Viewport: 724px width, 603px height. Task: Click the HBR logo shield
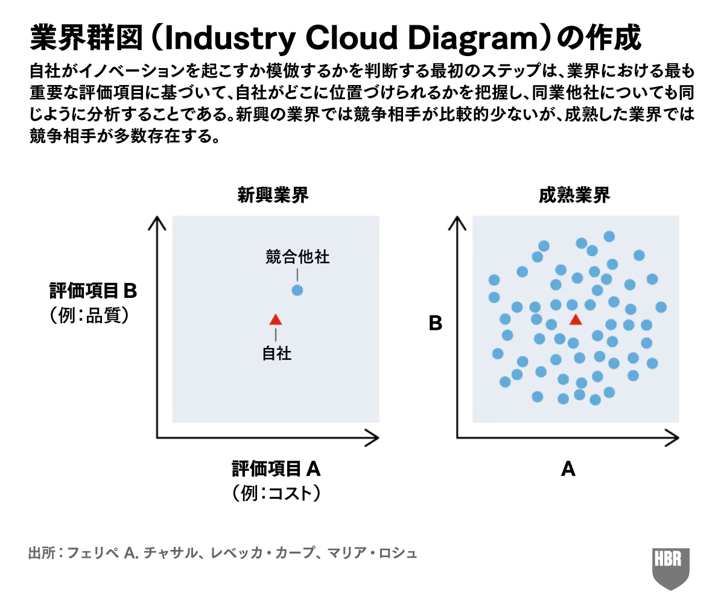pyautogui.click(x=671, y=567)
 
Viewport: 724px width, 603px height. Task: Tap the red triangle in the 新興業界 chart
pyautogui.click(x=276, y=320)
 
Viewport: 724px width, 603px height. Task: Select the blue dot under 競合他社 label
pyautogui.click(x=297, y=290)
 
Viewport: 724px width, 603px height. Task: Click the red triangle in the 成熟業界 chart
pyautogui.click(x=576, y=320)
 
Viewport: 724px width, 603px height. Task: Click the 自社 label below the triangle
pyautogui.click(x=276, y=353)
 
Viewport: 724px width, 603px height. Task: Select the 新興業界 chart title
pyautogui.click(x=273, y=195)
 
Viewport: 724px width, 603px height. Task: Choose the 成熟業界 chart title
pyautogui.click(x=574, y=195)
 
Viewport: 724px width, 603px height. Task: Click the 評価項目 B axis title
pyautogui.click(x=94, y=292)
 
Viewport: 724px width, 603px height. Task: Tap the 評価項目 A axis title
pyautogui.click(x=276, y=469)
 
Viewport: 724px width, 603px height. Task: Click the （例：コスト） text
pyautogui.click(x=276, y=493)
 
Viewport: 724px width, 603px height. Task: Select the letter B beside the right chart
pyautogui.click(x=436, y=324)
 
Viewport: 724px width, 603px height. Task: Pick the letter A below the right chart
pyautogui.click(x=568, y=469)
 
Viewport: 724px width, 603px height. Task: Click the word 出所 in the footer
pyautogui.click(x=40, y=552)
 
